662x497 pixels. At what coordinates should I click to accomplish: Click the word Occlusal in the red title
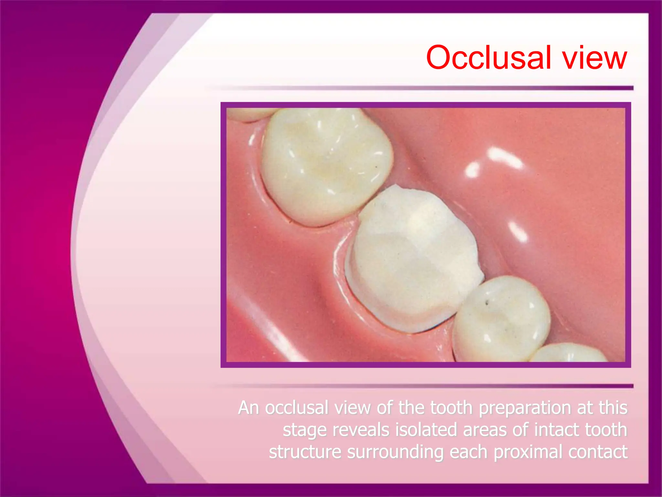pos(488,58)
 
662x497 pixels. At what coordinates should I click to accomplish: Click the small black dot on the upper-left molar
pos(376,167)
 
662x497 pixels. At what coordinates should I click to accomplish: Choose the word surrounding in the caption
pos(395,452)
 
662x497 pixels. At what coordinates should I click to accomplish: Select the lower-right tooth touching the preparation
pos(501,319)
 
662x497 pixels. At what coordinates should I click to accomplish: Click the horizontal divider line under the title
pos(420,88)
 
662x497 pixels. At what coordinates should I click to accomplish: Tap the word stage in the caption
pos(304,430)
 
